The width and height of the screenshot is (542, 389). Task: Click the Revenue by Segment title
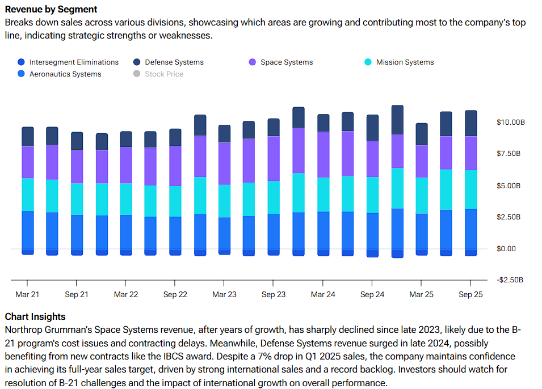[x=51, y=10]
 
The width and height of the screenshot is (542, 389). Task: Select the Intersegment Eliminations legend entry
[x=74, y=62]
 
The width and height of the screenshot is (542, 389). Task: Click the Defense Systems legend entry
[x=174, y=62]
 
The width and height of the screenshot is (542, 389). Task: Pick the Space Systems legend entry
[x=286, y=62]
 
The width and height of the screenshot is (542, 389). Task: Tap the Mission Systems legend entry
[x=404, y=62]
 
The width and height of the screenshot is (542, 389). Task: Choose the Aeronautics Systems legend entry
[x=65, y=74]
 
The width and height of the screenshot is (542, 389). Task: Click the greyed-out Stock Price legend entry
[x=163, y=74]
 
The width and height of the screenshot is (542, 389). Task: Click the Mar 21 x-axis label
[x=27, y=295]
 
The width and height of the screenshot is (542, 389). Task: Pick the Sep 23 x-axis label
[x=274, y=295]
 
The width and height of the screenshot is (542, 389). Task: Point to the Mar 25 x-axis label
[x=421, y=295]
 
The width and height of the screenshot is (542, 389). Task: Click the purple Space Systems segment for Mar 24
[x=323, y=154]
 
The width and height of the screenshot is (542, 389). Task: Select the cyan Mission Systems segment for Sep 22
[x=175, y=201]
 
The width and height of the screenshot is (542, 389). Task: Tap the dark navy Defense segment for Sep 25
[x=470, y=123]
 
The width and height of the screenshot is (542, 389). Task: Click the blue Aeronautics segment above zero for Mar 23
[x=224, y=233]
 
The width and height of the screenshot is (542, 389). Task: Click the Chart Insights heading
[x=35, y=317]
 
